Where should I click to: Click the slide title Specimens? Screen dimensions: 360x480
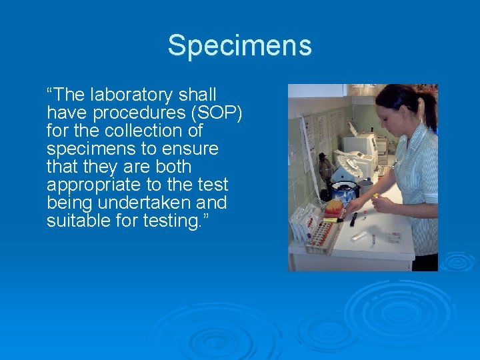pyautogui.click(x=239, y=46)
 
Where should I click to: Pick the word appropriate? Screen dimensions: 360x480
pyautogui.click(x=89, y=185)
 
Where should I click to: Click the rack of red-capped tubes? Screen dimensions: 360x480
pyautogui.click(x=319, y=235)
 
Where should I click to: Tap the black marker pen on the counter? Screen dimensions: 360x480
pyautogui.click(x=354, y=218)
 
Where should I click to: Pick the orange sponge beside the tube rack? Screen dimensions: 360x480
pyautogui.click(x=334, y=206)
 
